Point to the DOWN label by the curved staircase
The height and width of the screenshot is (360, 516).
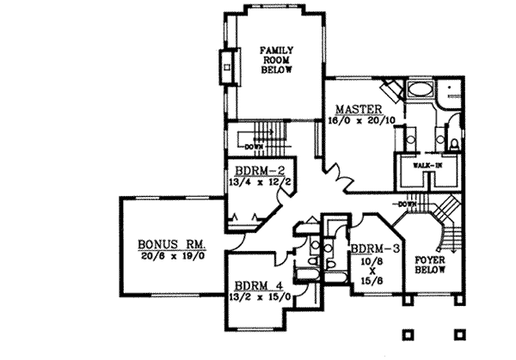point(407,204)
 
